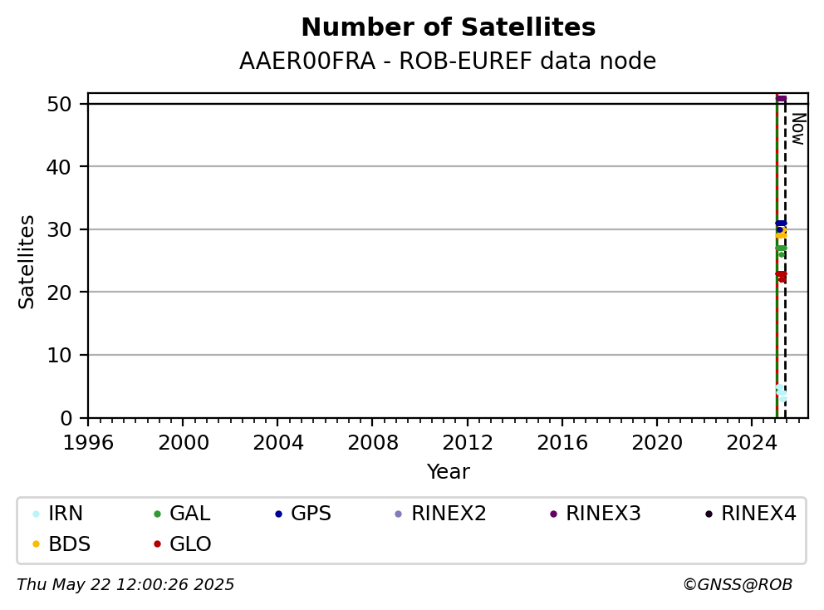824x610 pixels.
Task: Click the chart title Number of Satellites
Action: coord(449,27)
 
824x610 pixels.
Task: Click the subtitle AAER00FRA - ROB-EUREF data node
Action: coord(448,61)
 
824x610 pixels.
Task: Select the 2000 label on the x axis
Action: coord(183,443)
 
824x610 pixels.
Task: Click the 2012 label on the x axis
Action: coord(467,443)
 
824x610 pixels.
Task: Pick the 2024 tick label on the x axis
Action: coord(752,443)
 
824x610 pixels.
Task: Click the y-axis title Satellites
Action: coord(27,262)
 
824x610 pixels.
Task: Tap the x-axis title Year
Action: coord(449,472)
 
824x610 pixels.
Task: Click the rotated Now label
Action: coord(798,130)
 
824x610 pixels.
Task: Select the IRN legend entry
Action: coord(57,514)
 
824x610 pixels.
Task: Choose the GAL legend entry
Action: coord(182,514)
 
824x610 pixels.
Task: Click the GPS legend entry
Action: coord(303,514)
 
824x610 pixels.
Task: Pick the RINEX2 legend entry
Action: coord(440,514)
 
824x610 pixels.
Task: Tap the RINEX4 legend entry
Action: coord(750,514)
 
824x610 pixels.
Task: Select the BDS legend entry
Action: coord(61,544)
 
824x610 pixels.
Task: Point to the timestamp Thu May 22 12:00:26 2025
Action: coord(125,585)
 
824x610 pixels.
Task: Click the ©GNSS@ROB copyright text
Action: coord(738,585)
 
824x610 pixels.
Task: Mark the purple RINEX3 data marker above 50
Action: coord(781,98)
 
